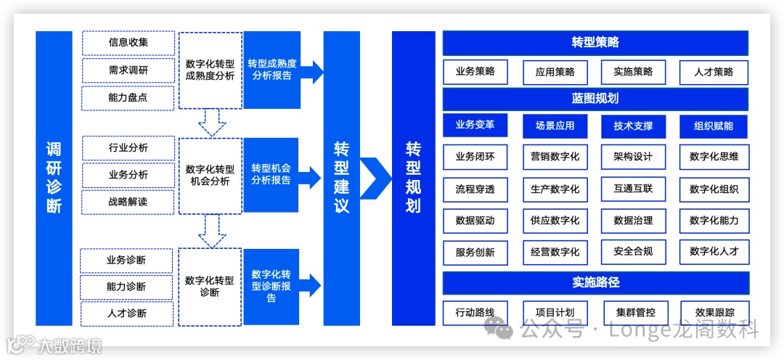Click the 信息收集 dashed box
click(x=128, y=43)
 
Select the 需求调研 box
click(x=128, y=70)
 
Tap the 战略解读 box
click(x=128, y=202)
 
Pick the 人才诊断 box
click(x=127, y=314)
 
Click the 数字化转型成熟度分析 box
click(x=211, y=70)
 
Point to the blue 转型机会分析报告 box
click(x=271, y=175)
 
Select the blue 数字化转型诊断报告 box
click(x=271, y=286)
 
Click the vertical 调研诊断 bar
click(x=54, y=178)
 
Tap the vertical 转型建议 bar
click(x=341, y=178)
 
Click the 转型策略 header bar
click(x=595, y=43)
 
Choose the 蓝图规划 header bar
click(x=595, y=99)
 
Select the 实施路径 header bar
click(x=595, y=282)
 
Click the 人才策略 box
click(x=714, y=72)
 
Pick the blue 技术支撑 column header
click(x=633, y=126)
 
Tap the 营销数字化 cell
click(x=555, y=156)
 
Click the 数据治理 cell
click(x=633, y=221)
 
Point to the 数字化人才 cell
click(x=714, y=252)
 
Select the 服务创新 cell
click(x=475, y=252)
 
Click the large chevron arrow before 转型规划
click(x=375, y=178)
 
